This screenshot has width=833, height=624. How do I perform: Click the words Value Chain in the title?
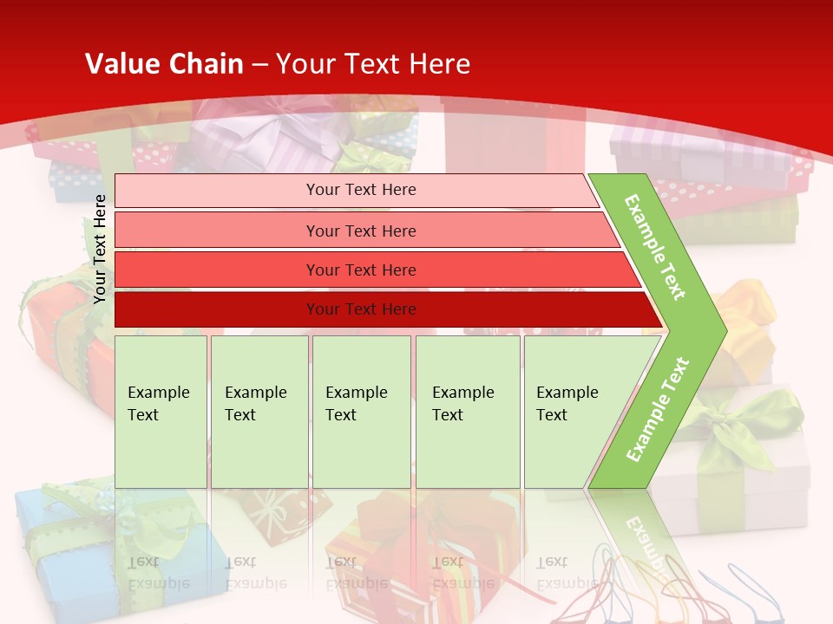tap(164, 64)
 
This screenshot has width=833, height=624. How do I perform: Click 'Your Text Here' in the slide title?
tap(373, 64)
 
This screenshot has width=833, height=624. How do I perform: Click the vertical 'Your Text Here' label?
tap(100, 249)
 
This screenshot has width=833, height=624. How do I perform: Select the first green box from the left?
tap(161, 412)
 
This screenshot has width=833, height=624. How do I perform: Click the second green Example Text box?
tap(259, 412)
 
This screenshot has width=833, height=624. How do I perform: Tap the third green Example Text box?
tap(361, 412)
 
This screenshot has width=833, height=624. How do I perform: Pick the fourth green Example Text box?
tap(467, 412)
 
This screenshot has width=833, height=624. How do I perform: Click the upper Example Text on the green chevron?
tap(655, 247)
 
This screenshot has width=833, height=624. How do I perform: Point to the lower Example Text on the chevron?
tap(658, 409)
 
